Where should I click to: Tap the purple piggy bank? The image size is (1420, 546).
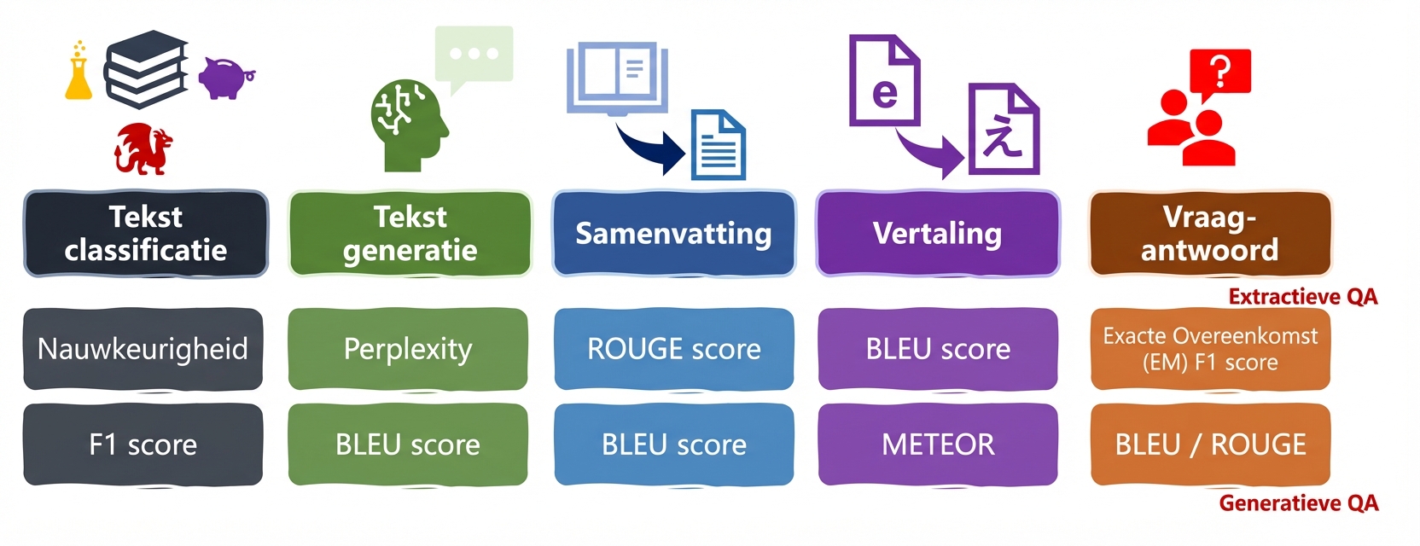225,78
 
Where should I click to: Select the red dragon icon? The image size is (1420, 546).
143,148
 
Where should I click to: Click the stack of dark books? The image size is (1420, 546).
147,70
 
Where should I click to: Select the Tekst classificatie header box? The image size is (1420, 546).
146,233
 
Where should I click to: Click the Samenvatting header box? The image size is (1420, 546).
673,233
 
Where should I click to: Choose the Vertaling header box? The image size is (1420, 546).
937,233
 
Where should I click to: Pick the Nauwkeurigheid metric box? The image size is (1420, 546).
143,349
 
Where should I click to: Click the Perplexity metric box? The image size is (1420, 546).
408,349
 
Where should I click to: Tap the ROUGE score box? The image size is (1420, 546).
673,349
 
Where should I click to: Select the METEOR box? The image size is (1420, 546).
937,444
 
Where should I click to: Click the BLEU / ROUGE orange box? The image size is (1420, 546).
1210,444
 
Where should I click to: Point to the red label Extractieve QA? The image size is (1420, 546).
1302,297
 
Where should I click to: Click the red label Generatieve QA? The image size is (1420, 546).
1298,503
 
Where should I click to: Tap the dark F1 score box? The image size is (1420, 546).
143,444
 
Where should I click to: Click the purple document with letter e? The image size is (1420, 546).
884,81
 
